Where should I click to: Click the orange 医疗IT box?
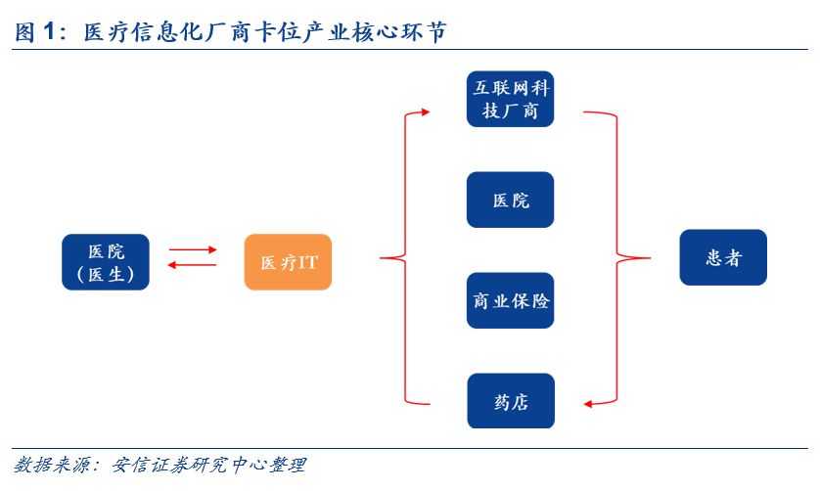[288, 262]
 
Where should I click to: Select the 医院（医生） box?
[106, 262]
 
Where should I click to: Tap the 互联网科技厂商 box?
[510, 99]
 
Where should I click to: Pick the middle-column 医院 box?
[510, 200]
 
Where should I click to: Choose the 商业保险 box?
[510, 300]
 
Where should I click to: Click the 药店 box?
[511, 401]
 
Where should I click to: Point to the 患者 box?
[723, 257]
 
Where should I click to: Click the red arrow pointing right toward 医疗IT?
[193, 250]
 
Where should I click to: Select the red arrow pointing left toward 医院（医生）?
[192, 265]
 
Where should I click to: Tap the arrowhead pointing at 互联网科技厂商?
[426, 112]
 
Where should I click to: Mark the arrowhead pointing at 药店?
[588, 404]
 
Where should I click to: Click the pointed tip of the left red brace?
[381, 258]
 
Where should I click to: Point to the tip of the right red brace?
[650, 258]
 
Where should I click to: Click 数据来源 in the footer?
[51, 465]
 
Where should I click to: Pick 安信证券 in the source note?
[151, 465]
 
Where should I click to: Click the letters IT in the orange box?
[307, 262]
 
